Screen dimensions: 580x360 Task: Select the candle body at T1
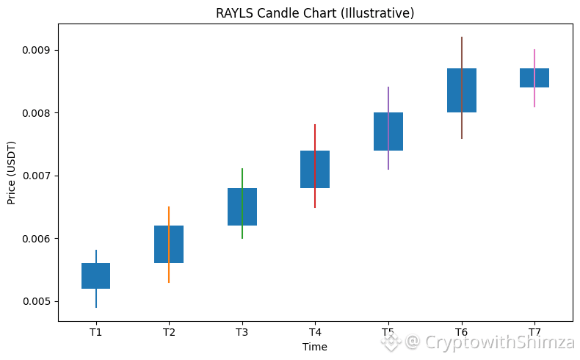click(95, 276)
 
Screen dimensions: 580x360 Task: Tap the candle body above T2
click(169, 244)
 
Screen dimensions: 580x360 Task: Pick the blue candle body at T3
click(242, 206)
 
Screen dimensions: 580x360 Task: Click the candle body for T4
click(315, 169)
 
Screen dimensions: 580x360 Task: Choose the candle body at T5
click(388, 132)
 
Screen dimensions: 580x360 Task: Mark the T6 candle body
click(462, 90)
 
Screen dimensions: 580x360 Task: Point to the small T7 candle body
click(534, 78)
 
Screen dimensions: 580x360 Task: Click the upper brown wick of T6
click(462, 53)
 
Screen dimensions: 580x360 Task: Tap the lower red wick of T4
click(315, 198)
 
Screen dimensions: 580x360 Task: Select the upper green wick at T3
click(242, 178)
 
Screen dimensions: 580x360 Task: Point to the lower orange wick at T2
click(169, 273)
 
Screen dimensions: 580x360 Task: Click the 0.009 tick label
click(35, 50)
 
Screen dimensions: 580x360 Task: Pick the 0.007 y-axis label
click(35, 176)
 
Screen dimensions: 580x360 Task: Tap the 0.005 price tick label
click(35, 301)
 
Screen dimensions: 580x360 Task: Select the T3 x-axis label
click(242, 332)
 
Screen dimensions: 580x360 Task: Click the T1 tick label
click(95, 332)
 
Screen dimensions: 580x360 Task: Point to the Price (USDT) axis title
click(12, 173)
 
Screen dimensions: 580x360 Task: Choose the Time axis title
click(315, 347)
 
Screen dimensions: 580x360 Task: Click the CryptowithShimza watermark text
click(500, 342)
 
